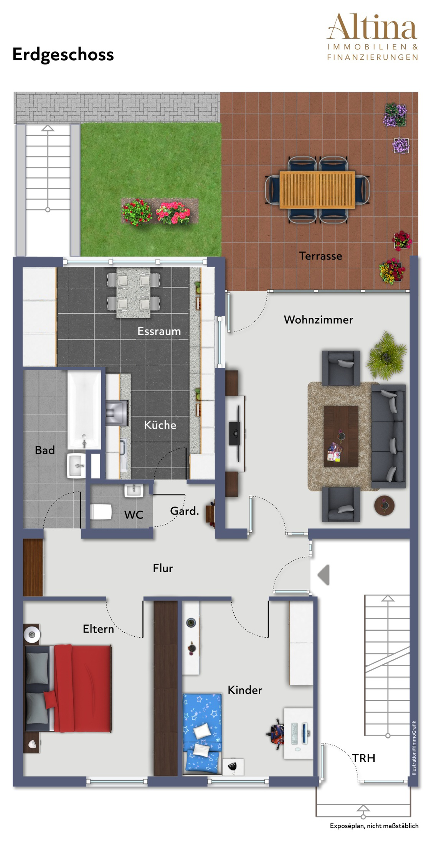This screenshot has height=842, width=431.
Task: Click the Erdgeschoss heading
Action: (63, 55)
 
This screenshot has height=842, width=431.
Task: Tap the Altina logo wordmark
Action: (372, 27)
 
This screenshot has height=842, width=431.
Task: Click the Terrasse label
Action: (320, 256)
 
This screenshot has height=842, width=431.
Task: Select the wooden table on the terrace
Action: (317, 190)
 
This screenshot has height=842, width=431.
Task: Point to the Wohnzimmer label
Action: (319, 319)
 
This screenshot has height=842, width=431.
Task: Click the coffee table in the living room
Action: (341, 436)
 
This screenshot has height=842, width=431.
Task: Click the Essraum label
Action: (159, 331)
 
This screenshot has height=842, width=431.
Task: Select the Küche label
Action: (160, 424)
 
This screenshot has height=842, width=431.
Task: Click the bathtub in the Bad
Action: (84, 409)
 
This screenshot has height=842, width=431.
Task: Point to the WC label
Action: (134, 515)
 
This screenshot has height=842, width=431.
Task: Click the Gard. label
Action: (185, 511)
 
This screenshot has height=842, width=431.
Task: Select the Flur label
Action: (163, 568)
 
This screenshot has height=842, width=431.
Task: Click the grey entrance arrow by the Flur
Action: (324, 575)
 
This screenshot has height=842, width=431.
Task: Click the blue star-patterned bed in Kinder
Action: (202, 732)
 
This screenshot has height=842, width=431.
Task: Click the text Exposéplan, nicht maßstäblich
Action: (374, 826)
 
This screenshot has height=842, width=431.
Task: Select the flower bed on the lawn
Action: (159, 211)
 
